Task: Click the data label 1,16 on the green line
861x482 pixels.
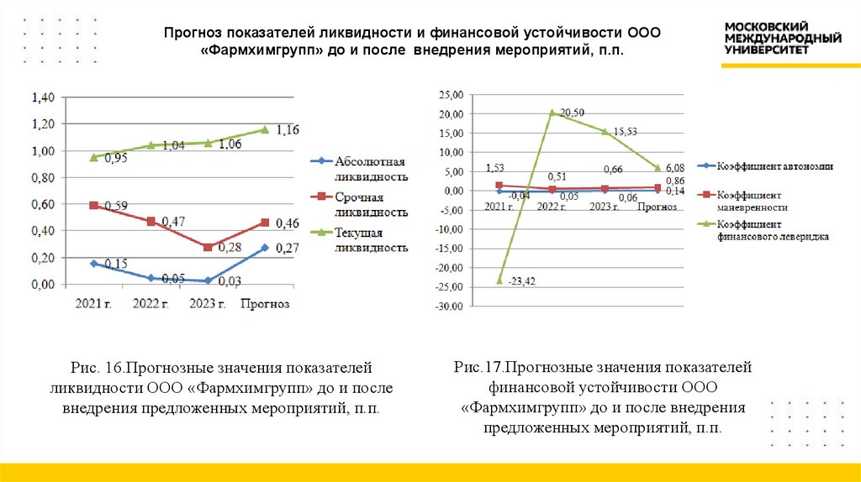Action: click(288, 129)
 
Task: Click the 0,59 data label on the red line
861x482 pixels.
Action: click(115, 206)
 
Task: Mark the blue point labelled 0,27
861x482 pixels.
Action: click(265, 248)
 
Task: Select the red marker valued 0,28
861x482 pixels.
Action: click(209, 247)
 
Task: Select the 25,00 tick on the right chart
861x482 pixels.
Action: click(451, 95)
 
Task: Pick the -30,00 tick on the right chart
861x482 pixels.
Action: click(449, 306)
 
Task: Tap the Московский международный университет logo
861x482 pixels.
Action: click(783, 38)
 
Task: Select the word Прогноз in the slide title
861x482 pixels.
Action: click(193, 32)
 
